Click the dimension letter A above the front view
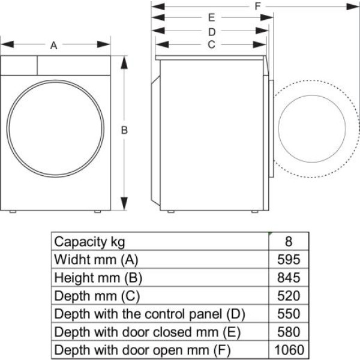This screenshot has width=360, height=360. [54, 46]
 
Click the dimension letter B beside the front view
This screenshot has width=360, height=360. [124, 130]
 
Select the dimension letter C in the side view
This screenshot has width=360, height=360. [211, 44]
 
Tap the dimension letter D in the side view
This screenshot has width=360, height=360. [211, 31]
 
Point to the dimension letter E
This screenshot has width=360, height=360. [211, 17]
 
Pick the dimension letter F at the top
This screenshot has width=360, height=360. [257, 7]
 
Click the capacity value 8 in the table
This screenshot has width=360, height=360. [289, 242]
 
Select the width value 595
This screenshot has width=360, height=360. [289, 260]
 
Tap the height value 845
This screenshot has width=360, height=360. [289, 278]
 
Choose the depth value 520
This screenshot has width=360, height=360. [289, 296]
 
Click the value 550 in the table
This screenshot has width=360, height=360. [289, 314]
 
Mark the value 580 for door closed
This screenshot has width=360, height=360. [289, 332]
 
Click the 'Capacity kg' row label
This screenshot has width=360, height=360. [90, 242]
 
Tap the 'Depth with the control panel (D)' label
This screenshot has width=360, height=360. [150, 314]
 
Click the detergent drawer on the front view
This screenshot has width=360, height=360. [19, 65]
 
